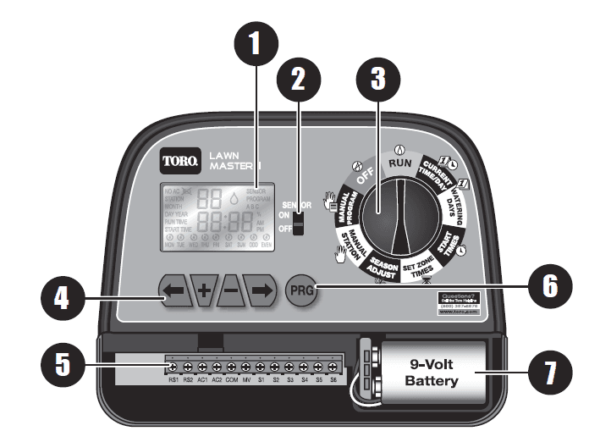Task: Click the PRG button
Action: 299,290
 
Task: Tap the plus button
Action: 204,290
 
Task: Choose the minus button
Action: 232,290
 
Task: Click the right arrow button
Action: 262,290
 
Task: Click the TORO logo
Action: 180,157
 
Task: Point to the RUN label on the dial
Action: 399,161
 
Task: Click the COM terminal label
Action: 231,380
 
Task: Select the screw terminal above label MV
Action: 245,367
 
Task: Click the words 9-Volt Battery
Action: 430,373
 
